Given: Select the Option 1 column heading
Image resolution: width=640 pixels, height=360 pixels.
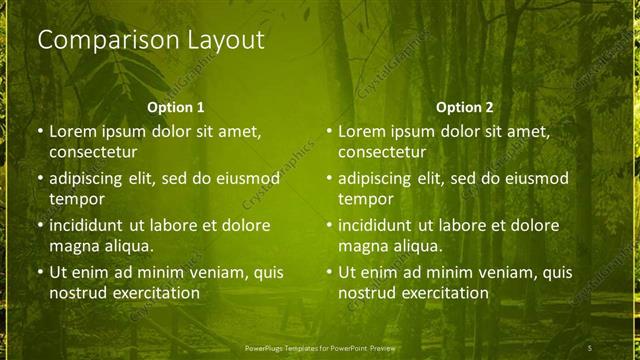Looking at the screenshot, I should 176,107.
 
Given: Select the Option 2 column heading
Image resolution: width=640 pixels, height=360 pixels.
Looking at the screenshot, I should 465,107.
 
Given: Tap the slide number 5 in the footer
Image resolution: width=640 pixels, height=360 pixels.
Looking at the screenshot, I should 590,346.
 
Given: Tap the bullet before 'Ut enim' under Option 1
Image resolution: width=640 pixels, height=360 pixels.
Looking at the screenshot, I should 39,272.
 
